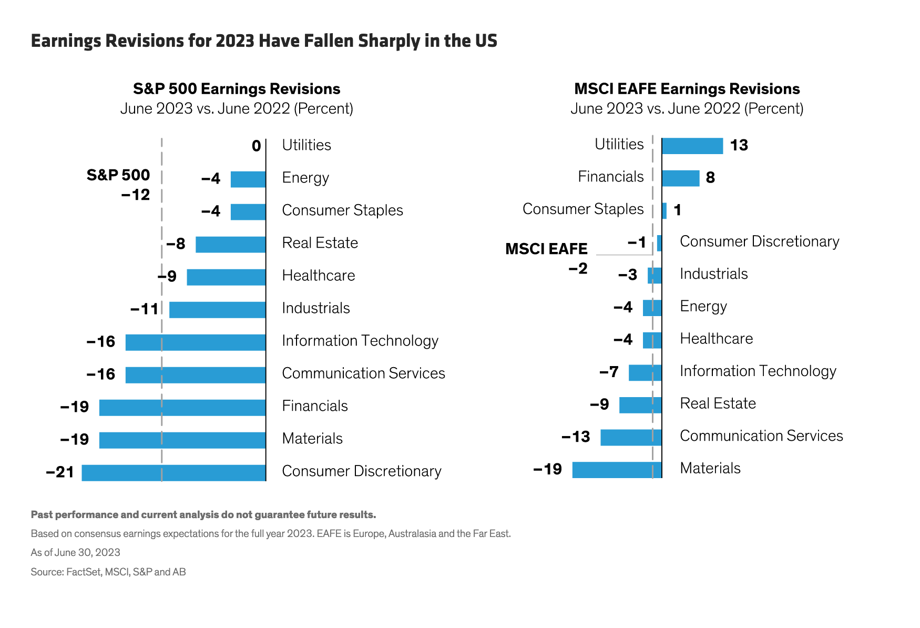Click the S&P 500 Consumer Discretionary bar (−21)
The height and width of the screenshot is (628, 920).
point(173,472)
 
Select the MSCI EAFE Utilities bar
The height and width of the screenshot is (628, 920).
point(692,146)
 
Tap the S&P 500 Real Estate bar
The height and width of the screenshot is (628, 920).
point(230,245)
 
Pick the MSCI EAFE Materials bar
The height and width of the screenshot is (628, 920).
point(617,470)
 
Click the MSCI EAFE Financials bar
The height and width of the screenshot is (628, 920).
point(680,178)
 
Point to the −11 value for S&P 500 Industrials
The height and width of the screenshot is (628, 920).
point(145,309)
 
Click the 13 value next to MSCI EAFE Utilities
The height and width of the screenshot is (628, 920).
point(739,146)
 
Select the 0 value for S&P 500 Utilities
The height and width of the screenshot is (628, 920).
point(256,146)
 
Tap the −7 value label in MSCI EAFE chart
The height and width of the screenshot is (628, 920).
point(609,372)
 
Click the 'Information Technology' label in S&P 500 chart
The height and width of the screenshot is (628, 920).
point(360,341)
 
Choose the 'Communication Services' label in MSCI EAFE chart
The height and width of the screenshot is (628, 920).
point(761,436)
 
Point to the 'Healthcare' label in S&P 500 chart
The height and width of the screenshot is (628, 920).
point(319,276)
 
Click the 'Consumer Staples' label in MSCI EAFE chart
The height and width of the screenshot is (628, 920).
point(583,209)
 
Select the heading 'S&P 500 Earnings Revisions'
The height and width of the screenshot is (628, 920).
point(237,89)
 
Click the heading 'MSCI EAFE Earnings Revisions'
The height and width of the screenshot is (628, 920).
point(687,89)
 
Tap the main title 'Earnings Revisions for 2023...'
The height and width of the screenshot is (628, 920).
point(264,41)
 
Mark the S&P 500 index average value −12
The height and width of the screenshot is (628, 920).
point(136,195)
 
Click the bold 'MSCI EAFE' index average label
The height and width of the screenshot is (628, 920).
point(546,249)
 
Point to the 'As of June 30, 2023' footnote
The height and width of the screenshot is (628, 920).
point(76,553)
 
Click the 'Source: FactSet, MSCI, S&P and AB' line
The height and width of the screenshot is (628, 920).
point(108,572)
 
